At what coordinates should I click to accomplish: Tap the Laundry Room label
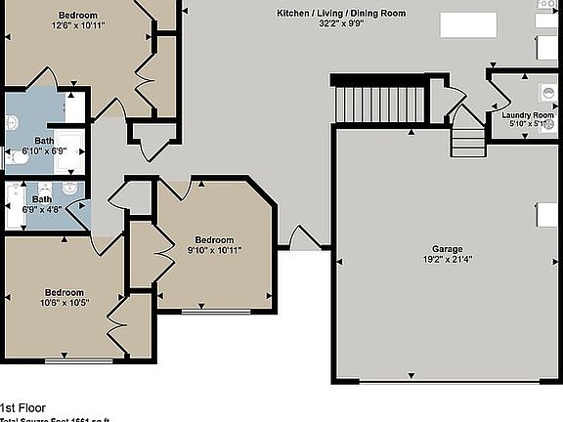click(528, 115)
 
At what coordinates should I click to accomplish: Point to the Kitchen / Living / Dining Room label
click(341, 13)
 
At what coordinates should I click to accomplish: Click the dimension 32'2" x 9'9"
click(341, 24)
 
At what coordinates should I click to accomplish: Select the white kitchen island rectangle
click(467, 23)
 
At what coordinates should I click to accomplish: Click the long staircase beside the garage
click(380, 105)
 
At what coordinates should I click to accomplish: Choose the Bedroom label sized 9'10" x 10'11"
click(214, 239)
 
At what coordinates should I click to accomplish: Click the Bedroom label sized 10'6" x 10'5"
click(64, 292)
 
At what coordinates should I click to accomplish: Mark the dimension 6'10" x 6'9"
click(44, 151)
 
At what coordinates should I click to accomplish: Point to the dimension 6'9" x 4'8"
click(42, 209)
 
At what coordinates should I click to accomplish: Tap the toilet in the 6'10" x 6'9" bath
click(12, 123)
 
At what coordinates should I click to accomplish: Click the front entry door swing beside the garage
click(300, 238)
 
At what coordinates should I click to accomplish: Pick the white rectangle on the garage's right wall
click(548, 215)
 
